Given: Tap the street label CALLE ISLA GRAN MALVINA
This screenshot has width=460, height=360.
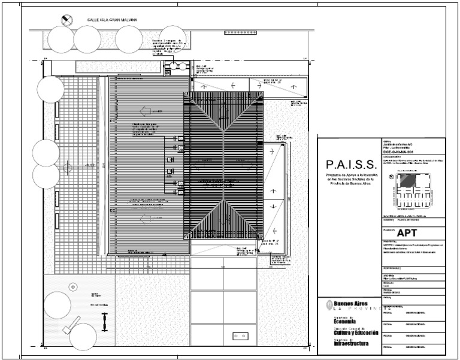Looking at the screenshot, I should [113, 21].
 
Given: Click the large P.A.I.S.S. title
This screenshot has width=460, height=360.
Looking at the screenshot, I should [350, 164].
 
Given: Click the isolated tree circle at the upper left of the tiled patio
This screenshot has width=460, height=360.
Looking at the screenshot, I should [50, 89].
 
